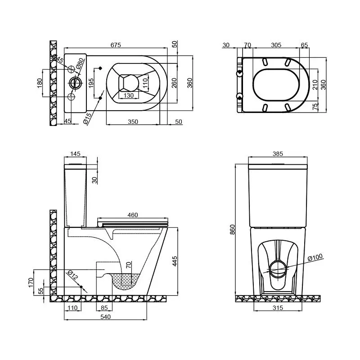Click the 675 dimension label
(116, 45)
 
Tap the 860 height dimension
(233, 229)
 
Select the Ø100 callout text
(315, 257)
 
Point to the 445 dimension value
(175, 261)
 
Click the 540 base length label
(106, 317)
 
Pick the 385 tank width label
(278, 153)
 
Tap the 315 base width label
(278, 308)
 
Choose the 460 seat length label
(133, 215)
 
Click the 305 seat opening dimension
(276, 45)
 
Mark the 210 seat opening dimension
(315, 85)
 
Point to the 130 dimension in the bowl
(129, 95)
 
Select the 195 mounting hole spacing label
(91, 83)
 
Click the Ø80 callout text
(81, 63)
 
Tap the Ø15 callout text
(87, 118)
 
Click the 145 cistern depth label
(75, 153)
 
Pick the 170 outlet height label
(31, 283)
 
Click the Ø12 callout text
(73, 275)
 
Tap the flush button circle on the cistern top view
(75, 83)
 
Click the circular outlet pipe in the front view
(278, 269)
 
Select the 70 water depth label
(129, 265)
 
